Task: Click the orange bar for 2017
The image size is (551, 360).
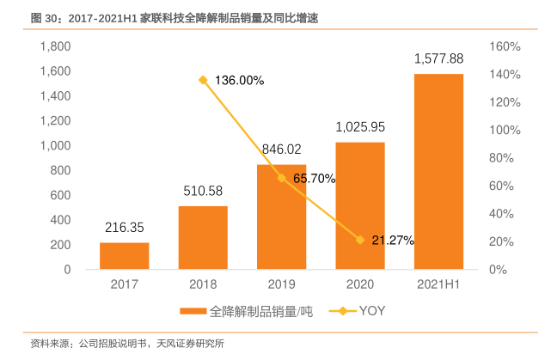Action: pyautogui.click(x=125, y=256)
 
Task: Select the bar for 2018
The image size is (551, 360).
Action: pyautogui.click(x=203, y=238)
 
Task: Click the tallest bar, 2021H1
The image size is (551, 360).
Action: pyautogui.click(x=438, y=172)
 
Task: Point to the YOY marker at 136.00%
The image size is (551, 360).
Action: pyautogui.click(x=203, y=80)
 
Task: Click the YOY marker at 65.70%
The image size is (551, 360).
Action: pyautogui.click(x=282, y=178)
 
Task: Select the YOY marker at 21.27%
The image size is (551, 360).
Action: pyautogui.click(x=360, y=240)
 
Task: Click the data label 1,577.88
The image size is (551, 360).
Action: pyautogui.click(x=438, y=58)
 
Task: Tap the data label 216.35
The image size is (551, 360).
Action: pyautogui.click(x=125, y=228)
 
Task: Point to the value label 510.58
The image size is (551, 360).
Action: pyautogui.click(x=203, y=191)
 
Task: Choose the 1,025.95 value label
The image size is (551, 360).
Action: pyautogui.click(x=360, y=126)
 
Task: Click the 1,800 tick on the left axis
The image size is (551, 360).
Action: pyautogui.click(x=55, y=46)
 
